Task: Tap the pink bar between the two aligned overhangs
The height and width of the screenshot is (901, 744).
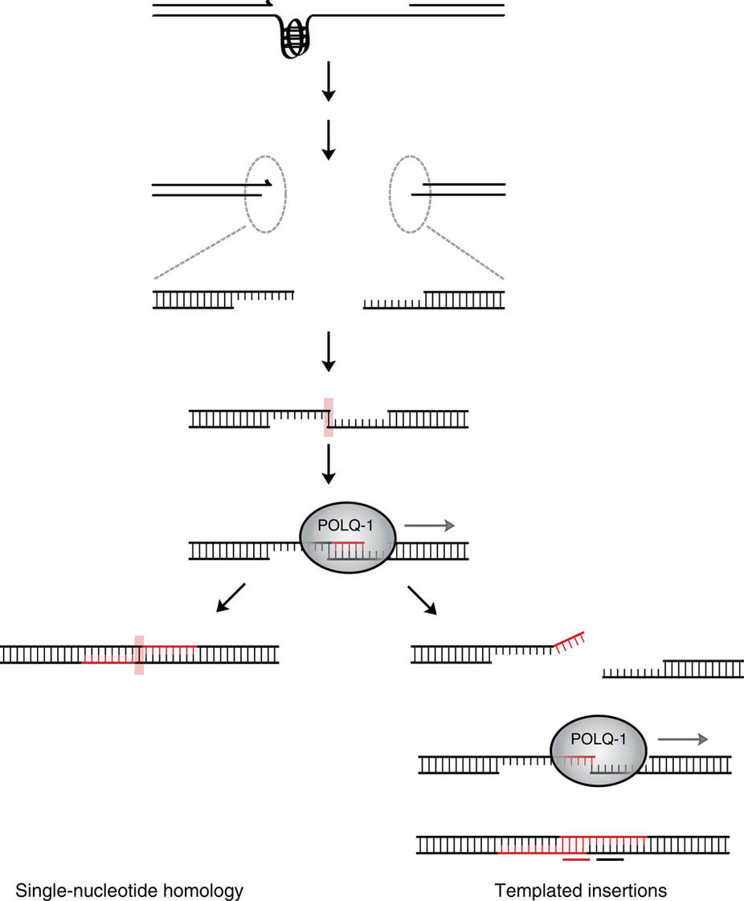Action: [328, 417]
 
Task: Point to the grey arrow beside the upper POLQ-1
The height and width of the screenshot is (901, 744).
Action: [429, 526]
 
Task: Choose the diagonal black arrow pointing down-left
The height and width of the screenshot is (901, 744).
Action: [230, 598]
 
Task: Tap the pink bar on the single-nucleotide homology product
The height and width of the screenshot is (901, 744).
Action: [139, 654]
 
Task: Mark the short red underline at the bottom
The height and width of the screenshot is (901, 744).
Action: [576, 859]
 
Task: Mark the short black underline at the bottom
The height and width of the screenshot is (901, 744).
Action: [610, 859]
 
